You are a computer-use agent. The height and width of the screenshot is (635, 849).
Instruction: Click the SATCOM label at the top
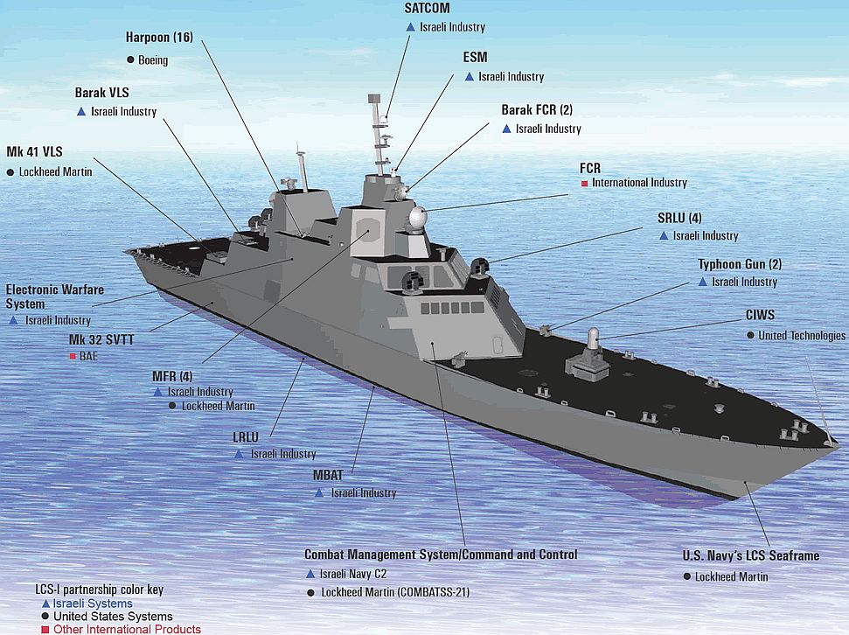427,8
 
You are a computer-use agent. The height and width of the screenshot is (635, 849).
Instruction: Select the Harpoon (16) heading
159,37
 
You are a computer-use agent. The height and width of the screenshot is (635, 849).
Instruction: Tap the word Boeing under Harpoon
153,60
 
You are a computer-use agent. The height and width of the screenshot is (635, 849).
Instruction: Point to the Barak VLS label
101,93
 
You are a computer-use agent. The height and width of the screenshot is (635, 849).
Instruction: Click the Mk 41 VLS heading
34,151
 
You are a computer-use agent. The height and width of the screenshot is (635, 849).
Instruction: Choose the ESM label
475,57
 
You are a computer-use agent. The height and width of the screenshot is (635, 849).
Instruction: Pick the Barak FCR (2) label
537,110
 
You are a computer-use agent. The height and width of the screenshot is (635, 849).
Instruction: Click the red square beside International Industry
584,184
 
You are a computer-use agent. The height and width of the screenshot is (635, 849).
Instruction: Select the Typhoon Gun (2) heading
740,264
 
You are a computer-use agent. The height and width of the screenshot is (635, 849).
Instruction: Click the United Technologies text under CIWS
802,335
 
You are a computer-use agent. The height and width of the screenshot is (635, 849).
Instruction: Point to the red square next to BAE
73,357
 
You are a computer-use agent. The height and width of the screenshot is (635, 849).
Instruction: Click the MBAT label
328,475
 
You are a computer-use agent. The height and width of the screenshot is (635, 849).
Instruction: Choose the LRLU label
246,436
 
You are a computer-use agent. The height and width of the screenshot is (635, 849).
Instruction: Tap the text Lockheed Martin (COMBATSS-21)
395,592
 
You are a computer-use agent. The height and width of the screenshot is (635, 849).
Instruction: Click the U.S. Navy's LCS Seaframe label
750,555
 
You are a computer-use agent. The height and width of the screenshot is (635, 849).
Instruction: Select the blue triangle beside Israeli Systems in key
46,604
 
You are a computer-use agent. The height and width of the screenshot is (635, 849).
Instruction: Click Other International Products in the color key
128,629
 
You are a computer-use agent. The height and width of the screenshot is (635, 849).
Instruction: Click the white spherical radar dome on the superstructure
417,218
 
